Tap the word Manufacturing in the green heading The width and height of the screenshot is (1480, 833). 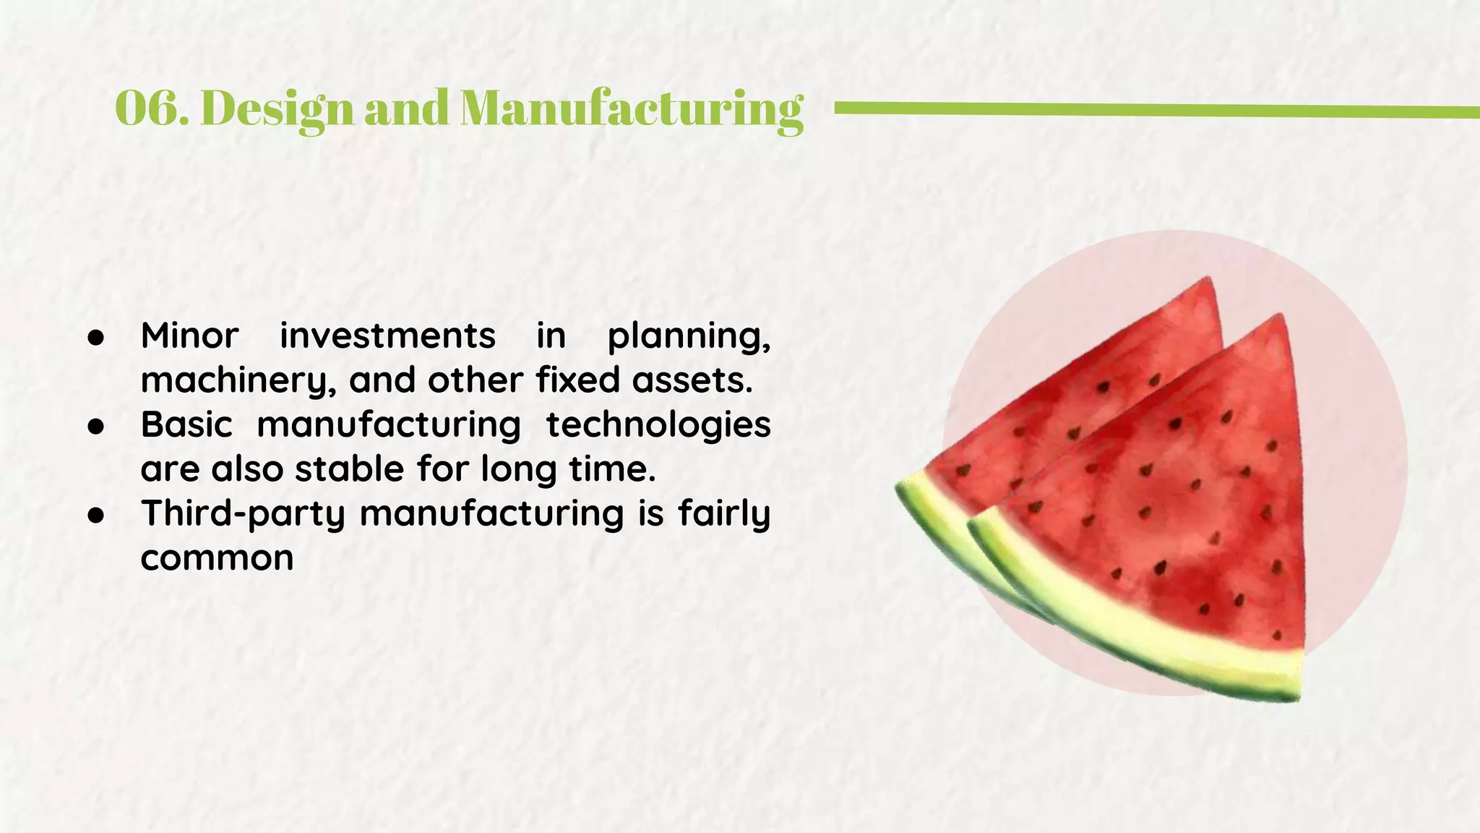[631, 108]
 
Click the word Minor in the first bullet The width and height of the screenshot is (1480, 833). [189, 336]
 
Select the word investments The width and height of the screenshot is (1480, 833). [387, 336]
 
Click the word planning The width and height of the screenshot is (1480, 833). [688, 337]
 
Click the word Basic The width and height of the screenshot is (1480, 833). [186, 424]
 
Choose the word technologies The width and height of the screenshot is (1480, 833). [658, 425]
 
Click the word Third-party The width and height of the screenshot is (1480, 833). [243, 515]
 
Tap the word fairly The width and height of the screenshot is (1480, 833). [724, 515]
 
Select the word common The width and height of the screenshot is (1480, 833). [217, 558]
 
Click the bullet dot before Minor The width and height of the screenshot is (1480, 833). [96, 338]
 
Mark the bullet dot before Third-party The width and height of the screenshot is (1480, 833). [96, 516]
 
